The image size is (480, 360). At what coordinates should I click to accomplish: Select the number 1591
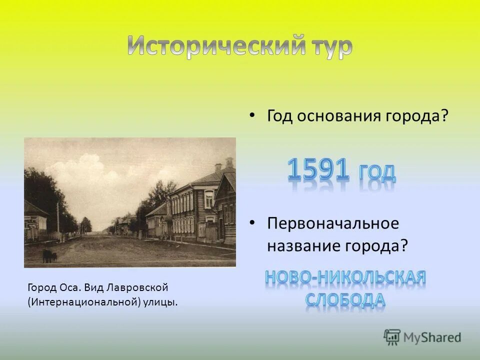(317, 170)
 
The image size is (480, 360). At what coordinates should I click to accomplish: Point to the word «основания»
(340, 116)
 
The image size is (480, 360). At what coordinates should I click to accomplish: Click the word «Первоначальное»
(333, 223)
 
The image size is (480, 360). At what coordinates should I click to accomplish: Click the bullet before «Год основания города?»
(252, 115)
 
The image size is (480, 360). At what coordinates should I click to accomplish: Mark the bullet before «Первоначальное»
(252, 223)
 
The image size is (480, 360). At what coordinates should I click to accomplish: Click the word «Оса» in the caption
(70, 288)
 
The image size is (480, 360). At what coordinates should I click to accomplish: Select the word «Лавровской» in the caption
(136, 288)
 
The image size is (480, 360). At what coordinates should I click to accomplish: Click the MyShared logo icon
(392, 336)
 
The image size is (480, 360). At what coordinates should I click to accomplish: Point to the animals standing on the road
(49, 256)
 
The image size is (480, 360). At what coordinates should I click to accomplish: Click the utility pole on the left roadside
(57, 220)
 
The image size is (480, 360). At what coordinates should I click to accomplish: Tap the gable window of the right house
(208, 198)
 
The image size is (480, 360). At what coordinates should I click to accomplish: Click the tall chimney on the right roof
(229, 162)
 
